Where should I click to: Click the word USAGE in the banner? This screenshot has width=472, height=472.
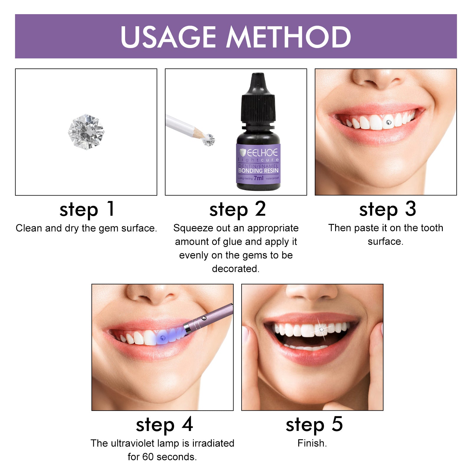tap(168, 37)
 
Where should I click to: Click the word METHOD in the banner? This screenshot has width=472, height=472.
tap(289, 37)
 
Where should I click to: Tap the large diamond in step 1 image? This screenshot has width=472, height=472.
tap(86, 132)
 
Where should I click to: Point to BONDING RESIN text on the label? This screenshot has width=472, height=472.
tap(258, 171)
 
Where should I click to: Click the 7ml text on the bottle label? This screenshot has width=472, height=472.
tap(258, 178)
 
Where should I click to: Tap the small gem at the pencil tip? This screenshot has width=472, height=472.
tap(209, 140)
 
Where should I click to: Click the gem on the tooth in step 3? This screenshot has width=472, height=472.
tap(388, 122)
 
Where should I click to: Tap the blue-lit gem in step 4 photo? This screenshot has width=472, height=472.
tap(162, 337)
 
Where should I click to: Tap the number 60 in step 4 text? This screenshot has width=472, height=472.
tap(148, 457)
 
